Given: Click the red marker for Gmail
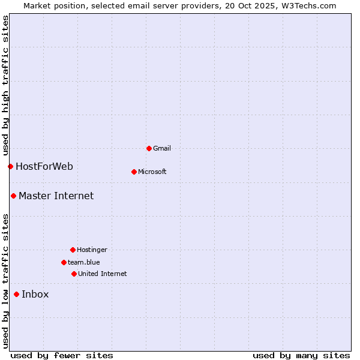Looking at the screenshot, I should point(149,148).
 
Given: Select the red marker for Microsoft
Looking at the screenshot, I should point(134,172).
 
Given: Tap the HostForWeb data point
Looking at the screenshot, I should point(10,166).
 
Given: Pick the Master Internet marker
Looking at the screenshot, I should point(13,196).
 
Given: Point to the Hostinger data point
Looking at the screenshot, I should point(73,250).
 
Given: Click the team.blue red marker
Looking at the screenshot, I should point(64,262).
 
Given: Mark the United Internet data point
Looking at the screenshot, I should point(74,274).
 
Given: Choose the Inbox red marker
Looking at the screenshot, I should point(16,294).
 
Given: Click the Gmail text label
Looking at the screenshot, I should point(162,148).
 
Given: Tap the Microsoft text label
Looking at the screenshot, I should point(152,172).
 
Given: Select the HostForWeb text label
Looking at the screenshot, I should point(44,166).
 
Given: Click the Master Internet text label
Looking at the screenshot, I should point(56,196).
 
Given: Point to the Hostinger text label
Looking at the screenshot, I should point(92,250).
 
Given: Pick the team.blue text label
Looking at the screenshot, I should point(84,262).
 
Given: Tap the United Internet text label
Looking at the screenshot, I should point(103,274).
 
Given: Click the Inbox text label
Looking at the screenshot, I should point(35,294).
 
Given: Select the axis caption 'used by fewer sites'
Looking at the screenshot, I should point(62,355).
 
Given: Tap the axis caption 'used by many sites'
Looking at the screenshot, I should point(301,355).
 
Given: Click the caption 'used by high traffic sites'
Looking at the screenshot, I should point(5,85).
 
